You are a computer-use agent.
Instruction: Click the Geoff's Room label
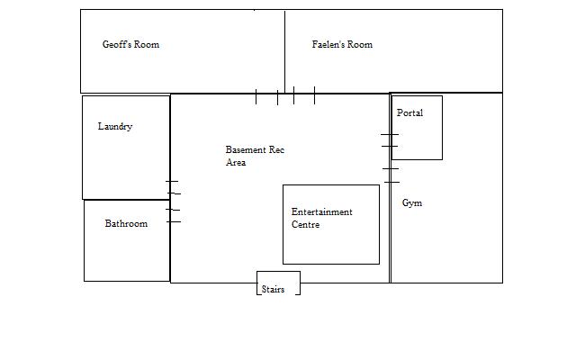[x=130, y=44]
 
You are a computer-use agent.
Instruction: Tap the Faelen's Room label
[x=342, y=44]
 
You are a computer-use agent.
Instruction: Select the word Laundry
[x=115, y=126]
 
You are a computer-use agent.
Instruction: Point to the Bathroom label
[x=126, y=223]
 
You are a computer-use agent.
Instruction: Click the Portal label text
[x=410, y=112]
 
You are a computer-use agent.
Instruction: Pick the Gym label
[x=412, y=203]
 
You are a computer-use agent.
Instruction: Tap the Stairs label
[x=273, y=290]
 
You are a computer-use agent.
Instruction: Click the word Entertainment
[x=322, y=212]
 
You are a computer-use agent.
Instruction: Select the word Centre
[x=306, y=224]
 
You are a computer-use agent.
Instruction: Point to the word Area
[x=236, y=162]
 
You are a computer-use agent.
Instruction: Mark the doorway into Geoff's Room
[x=266, y=96]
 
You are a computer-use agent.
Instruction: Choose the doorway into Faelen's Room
[x=304, y=95]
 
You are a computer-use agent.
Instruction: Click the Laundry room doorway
[x=173, y=187]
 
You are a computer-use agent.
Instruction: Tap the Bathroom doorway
[x=173, y=216]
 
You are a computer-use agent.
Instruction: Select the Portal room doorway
[x=390, y=140]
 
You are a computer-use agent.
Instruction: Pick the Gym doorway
[x=391, y=175]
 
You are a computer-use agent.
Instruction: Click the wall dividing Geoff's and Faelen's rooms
[x=284, y=52]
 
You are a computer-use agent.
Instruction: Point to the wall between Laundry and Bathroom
[x=127, y=200]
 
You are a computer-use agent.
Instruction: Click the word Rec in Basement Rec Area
[x=276, y=150]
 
